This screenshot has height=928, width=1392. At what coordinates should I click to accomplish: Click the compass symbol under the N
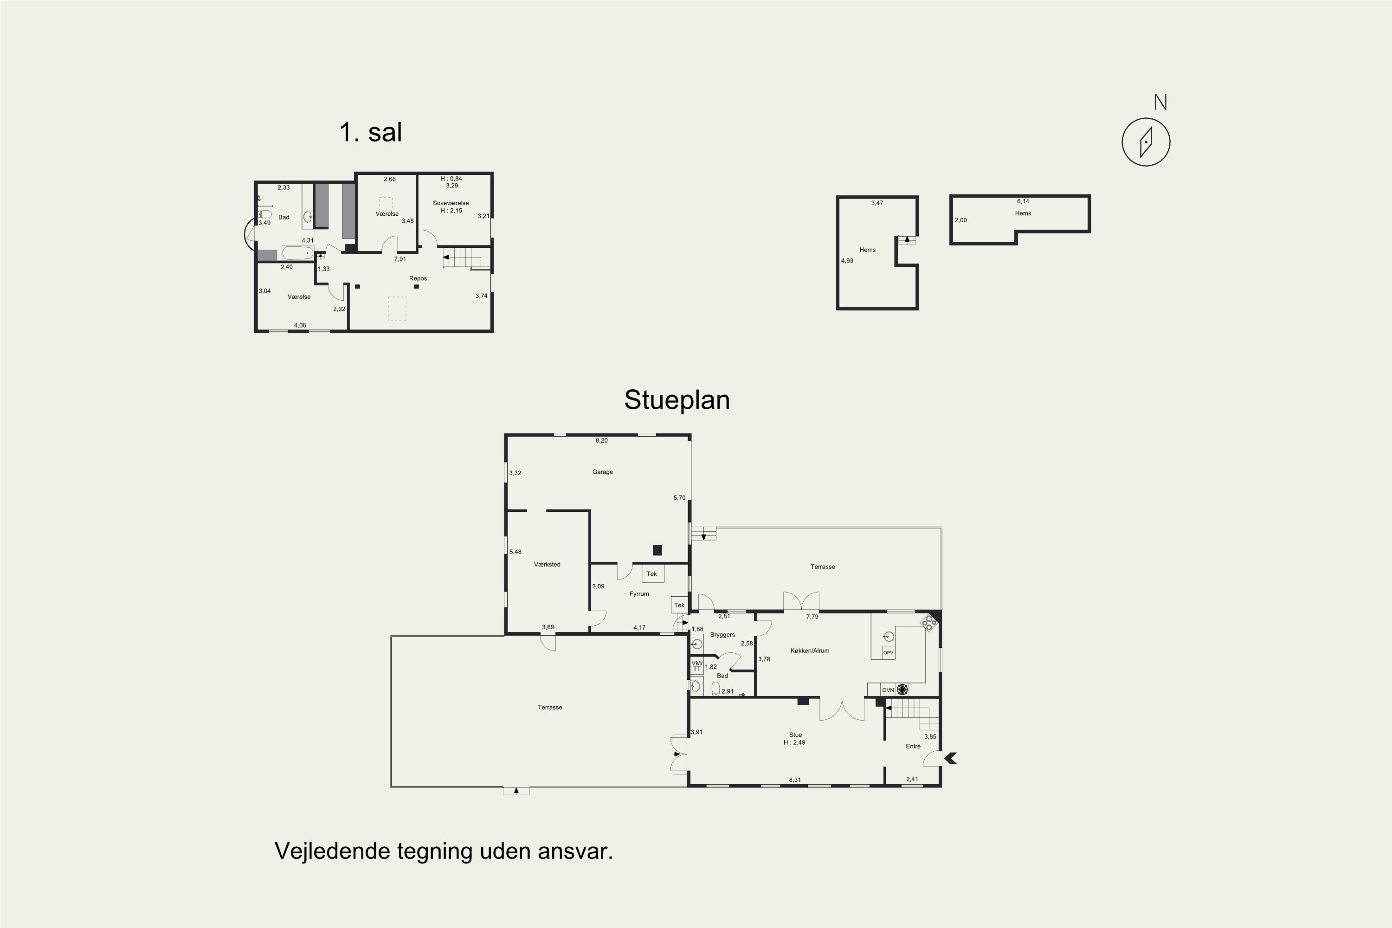tap(1146, 142)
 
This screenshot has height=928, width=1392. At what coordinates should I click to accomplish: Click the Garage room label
tap(602, 472)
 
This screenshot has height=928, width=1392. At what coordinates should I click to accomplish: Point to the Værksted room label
tap(547, 565)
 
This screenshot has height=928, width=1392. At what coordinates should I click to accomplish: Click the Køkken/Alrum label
tap(810, 651)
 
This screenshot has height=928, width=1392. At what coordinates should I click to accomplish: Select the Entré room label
tap(913, 746)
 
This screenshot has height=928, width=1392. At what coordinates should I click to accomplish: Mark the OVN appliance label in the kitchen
tap(888, 690)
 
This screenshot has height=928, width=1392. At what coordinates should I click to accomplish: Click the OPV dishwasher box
tap(889, 653)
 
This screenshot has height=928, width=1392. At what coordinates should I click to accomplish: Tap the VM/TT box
tap(696, 666)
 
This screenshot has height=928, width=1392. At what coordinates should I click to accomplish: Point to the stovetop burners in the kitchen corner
tap(929, 622)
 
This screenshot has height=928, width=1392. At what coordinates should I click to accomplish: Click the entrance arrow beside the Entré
tap(950, 758)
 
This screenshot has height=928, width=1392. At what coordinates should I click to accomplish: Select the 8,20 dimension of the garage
tap(601, 441)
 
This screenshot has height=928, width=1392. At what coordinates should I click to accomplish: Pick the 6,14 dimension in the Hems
tap(1023, 202)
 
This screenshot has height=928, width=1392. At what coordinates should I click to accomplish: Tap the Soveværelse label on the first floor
tap(451, 204)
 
